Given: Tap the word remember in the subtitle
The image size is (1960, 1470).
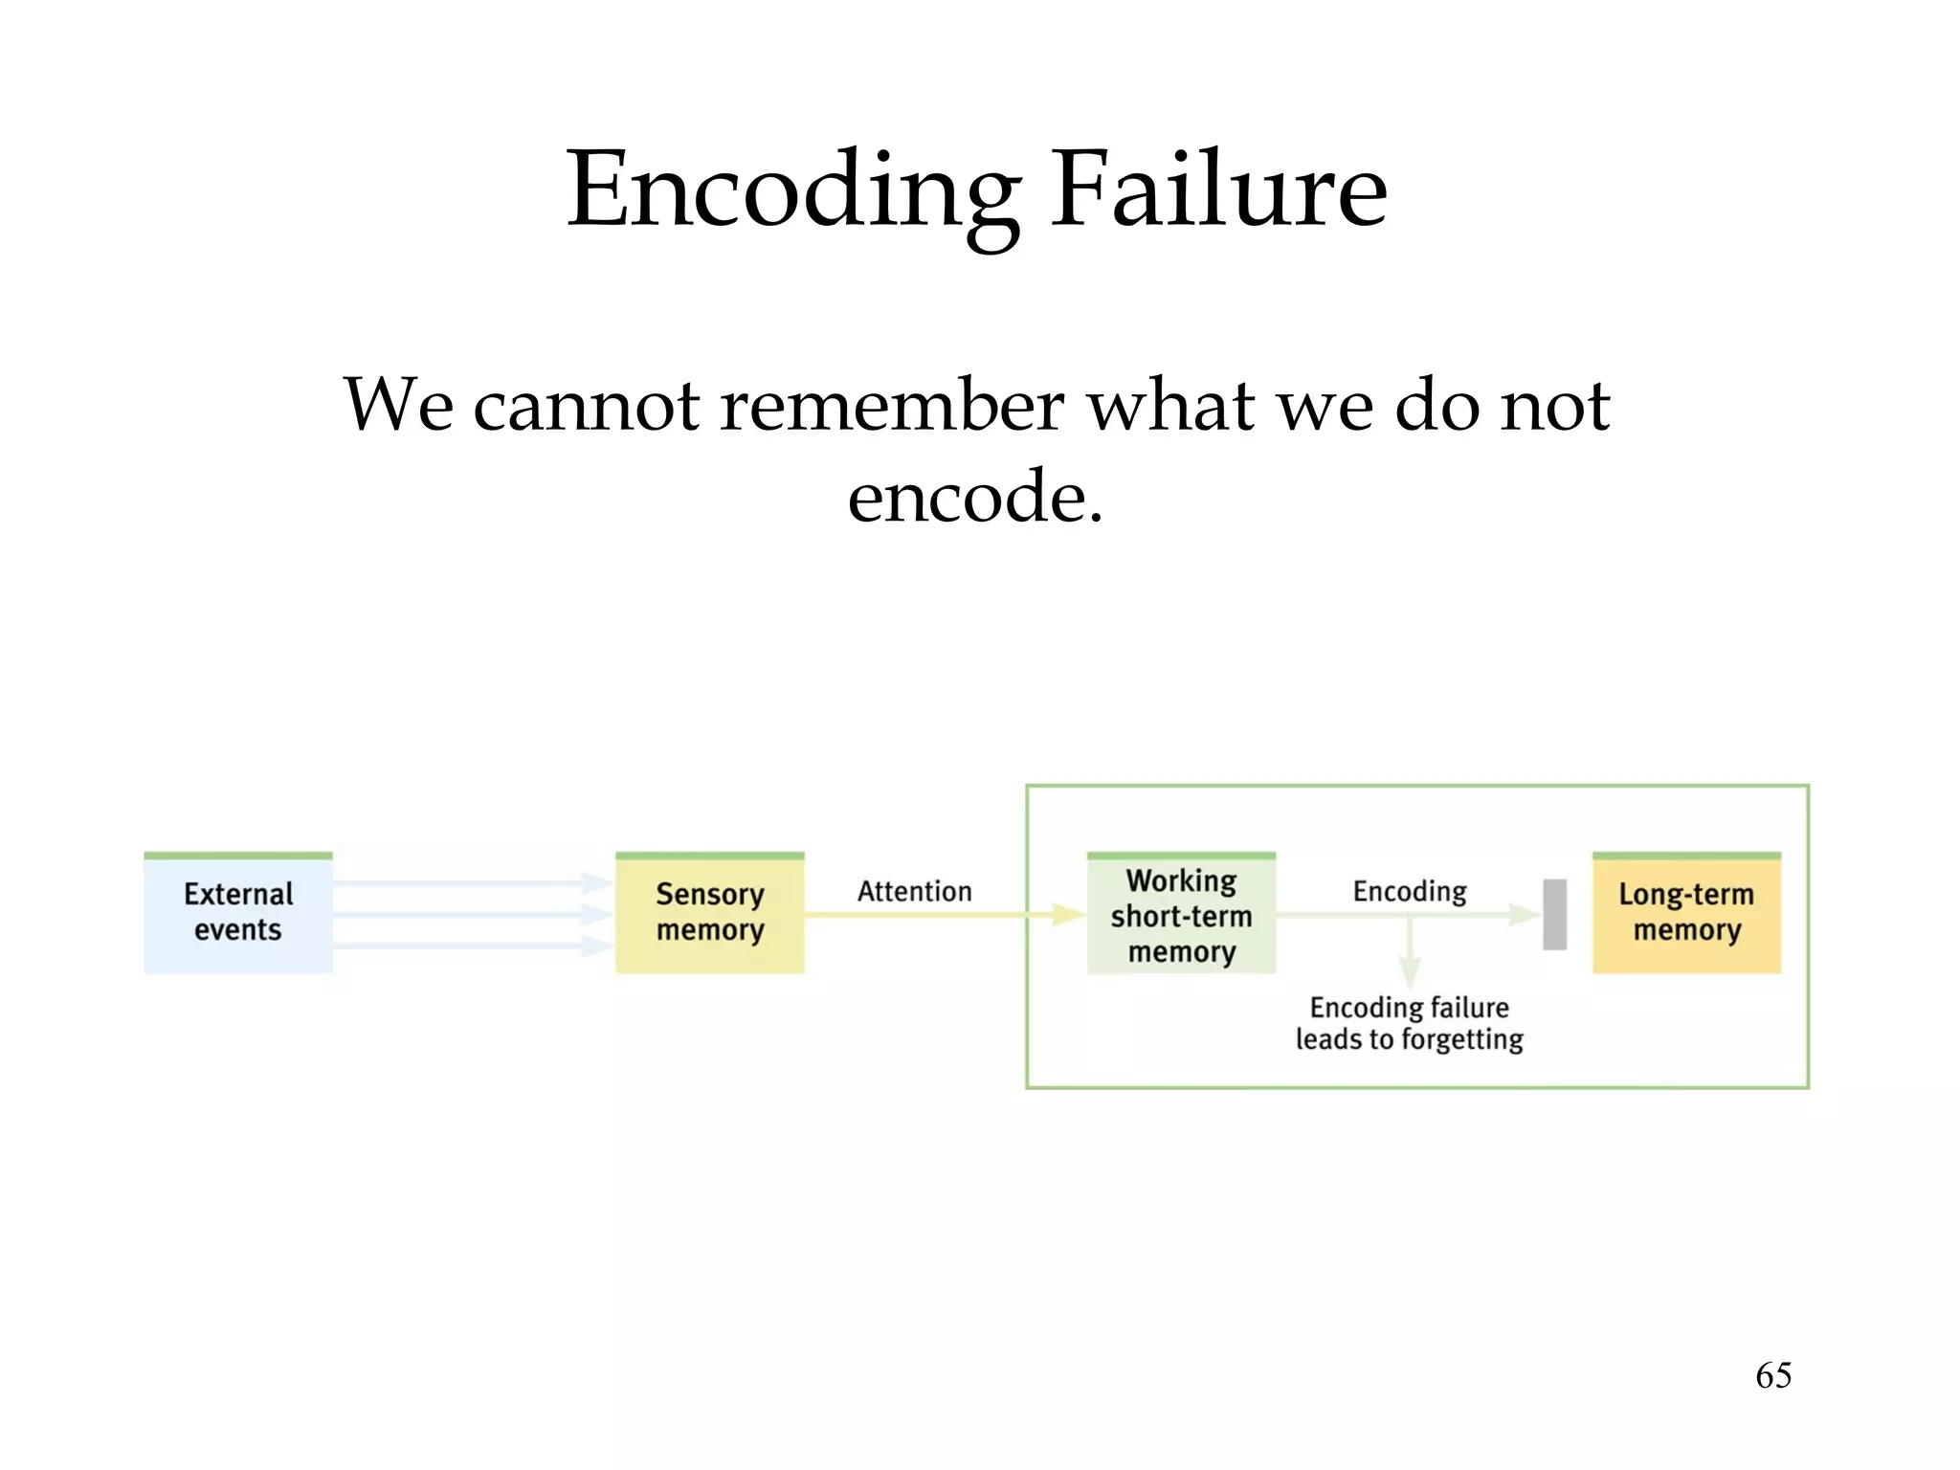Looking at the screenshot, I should (891, 406).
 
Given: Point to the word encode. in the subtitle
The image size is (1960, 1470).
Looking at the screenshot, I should (975, 498).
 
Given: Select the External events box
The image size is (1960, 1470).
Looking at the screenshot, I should (238, 913).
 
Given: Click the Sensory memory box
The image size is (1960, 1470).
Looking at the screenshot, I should (709, 913).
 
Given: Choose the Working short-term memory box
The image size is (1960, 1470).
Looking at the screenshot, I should (1181, 915).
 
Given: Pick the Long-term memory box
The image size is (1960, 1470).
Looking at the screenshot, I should (1686, 913).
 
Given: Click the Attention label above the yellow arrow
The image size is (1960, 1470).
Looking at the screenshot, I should (914, 892).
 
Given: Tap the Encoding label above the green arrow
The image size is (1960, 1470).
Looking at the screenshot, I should (1409, 892).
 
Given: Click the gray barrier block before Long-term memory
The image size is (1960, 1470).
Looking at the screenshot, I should (1554, 915).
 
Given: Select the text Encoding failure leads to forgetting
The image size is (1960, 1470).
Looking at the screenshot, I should (1409, 1023).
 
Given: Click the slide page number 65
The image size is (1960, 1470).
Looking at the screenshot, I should (1772, 1375).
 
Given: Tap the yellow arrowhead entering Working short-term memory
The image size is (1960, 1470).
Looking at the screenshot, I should (1067, 915).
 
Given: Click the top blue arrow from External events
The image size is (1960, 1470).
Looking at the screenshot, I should (469, 882).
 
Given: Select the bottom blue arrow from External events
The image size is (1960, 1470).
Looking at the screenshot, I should (469, 947).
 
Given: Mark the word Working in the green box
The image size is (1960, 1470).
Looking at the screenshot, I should (1181, 880).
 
